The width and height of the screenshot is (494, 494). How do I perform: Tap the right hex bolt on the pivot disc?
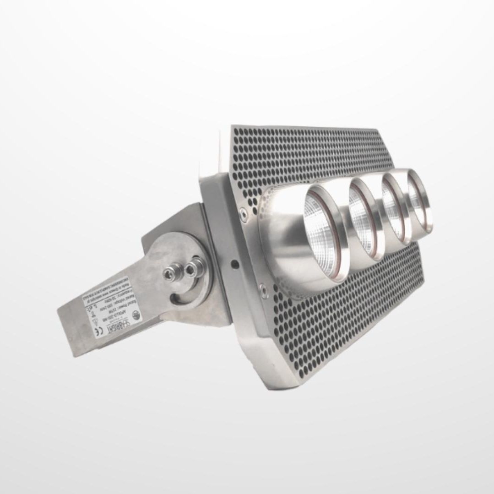(x=198, y=264)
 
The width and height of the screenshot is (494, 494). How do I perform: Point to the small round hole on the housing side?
(x=234, y=264)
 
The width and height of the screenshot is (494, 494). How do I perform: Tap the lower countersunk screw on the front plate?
(x=264, y=289)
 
